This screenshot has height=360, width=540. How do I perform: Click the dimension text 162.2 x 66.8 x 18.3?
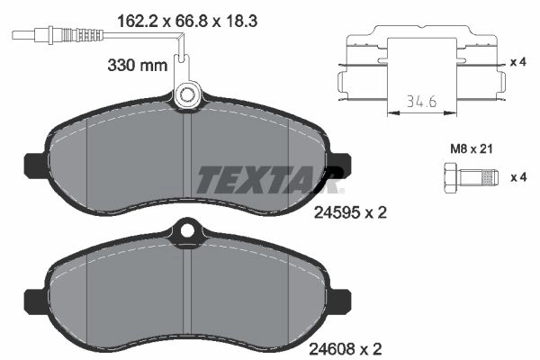(187, 22)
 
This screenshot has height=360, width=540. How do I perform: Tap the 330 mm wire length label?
(138, 65)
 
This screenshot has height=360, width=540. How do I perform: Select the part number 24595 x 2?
(350, 212)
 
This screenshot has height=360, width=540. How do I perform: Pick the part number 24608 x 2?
(346, 349)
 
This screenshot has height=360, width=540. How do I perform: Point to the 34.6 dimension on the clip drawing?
(422, 102)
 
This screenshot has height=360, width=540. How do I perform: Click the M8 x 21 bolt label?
(472, 148)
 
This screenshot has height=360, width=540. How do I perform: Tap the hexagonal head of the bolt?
(449, 178)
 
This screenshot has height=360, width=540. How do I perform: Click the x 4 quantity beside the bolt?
(518, 177)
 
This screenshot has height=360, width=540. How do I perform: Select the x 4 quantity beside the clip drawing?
(518, 62)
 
